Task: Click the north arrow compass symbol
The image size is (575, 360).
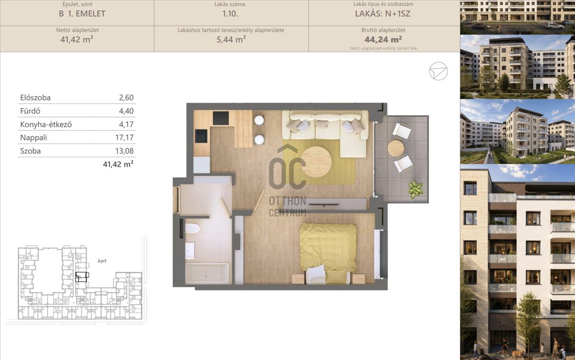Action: click(438, 71)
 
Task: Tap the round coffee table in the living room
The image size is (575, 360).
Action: click(317, 162)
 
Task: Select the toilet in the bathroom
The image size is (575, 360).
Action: click(192, 228)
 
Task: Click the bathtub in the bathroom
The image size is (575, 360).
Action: click(207, 273)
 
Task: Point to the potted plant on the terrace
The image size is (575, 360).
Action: click(415, 189)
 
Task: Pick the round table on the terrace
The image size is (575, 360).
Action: click(396, 148)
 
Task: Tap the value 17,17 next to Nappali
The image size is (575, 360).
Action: click(124, 138)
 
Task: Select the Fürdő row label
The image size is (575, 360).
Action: click(30, 111)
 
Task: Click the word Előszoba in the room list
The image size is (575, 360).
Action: click(35, 98)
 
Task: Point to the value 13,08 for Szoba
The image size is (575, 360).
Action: click(124, 151)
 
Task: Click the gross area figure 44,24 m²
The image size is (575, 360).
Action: click(383, 39)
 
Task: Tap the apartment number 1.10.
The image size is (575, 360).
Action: click(230, 13)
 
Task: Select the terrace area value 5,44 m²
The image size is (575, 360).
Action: click(231, 39)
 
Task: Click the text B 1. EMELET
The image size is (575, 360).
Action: click(82, 13)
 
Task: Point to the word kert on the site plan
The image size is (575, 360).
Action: click(102, 261)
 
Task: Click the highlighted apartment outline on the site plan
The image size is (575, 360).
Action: click(82, 277)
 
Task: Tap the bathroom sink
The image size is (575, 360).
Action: click(190, 251)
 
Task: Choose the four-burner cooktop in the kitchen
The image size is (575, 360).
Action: click(221, 118)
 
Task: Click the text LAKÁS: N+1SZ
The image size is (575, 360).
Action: click(383, 13)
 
